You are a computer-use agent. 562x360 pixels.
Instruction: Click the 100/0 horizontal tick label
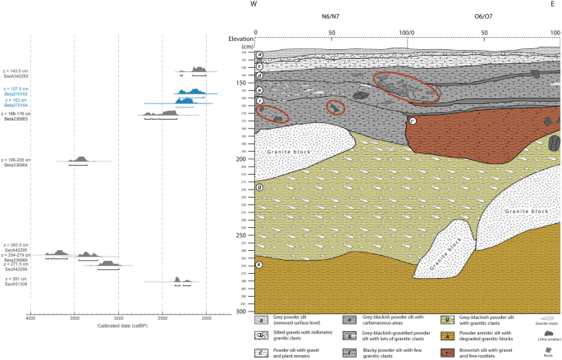(x=407, y=33)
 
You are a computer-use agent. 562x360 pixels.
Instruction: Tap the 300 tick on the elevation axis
(x=240, y=312)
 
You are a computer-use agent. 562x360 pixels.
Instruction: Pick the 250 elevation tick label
(x=240, y=235)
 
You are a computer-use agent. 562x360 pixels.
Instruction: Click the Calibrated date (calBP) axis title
(x=119, y=326)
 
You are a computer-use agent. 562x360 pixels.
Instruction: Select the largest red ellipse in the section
(x=406, y=87)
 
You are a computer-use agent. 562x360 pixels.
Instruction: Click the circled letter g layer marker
(x=259, y=188)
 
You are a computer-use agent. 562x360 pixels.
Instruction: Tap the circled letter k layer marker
(x=259, y=264)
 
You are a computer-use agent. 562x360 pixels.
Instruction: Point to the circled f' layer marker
(x=413, y=121)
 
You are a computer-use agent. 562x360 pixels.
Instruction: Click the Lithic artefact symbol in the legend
(x=545, y=334)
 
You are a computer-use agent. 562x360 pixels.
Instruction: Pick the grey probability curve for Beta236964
(x=80, y=159)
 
